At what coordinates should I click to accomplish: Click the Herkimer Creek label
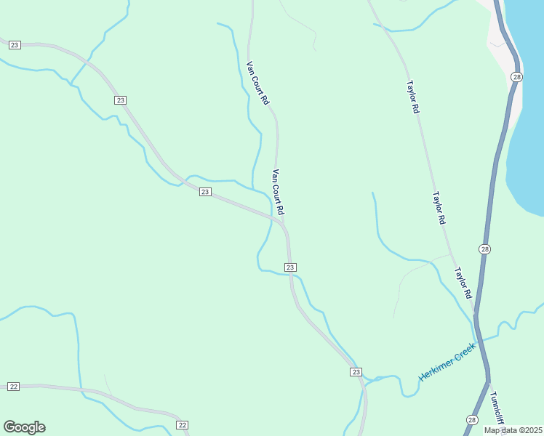447,363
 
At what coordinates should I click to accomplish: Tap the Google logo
24,427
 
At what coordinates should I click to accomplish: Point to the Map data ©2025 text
513,430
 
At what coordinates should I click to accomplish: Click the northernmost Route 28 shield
516,77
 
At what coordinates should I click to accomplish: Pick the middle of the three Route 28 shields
485,249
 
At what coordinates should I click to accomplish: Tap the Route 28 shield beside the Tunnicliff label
472,420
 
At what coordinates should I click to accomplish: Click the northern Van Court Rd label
258,81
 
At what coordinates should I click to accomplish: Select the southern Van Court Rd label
277,192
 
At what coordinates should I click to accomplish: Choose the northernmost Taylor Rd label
412,95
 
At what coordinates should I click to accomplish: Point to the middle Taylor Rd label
438,208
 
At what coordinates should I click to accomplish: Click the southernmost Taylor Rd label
463,284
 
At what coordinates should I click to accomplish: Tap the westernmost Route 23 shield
15,45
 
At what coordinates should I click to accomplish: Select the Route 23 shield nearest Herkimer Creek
356,372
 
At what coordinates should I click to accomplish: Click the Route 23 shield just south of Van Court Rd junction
290,267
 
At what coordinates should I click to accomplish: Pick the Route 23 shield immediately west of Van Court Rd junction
205,192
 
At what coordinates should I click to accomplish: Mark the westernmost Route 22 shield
13,387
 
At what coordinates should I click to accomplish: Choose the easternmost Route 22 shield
182,425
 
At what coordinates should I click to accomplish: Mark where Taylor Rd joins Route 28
475,314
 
